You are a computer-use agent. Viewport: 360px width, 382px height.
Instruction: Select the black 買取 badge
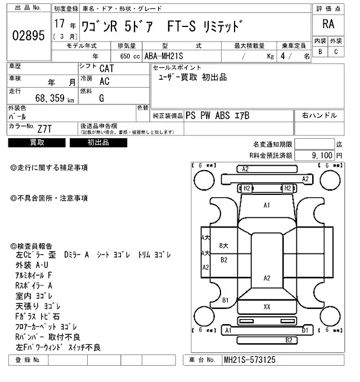37,143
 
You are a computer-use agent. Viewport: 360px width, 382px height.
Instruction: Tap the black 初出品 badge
98,143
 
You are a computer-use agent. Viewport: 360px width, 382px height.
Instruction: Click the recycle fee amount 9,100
321,154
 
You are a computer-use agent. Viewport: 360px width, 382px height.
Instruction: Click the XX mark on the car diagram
267,307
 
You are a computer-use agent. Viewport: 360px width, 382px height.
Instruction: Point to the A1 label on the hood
267,206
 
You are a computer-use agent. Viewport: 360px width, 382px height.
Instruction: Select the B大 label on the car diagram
224,245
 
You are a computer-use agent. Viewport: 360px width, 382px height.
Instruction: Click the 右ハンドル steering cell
319,116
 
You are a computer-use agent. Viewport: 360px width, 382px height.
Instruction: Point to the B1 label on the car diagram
226,301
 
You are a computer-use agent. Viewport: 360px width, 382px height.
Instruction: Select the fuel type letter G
101,98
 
